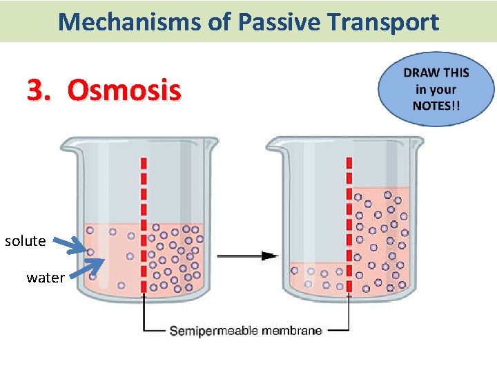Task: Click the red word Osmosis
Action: coord(124,90)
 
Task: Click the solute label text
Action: coord(26,241)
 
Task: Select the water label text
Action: coord(46,278)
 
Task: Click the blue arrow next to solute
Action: coord(71,244)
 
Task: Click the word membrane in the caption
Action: coord(292,331)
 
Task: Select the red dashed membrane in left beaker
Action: coord(144,221)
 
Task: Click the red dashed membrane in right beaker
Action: coord(349,221)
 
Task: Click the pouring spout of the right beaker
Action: coord(272,146)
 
